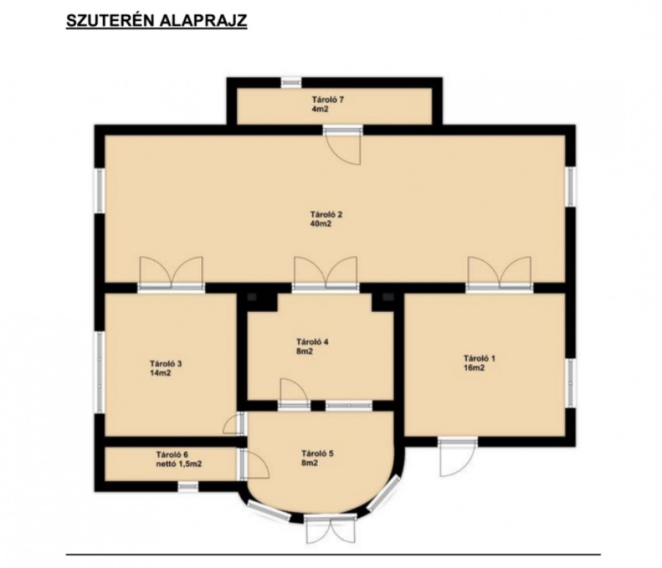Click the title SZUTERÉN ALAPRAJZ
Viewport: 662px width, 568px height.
pos(156,21)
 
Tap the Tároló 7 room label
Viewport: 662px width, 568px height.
pos(328,100)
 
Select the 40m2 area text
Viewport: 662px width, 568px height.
pos(321,224)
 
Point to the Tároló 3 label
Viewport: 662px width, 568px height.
pos(166,363)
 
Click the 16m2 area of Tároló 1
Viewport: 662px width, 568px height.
pos(474,368)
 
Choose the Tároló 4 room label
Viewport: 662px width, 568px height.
pos(312,342)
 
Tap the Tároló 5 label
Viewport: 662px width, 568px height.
pos(317,454)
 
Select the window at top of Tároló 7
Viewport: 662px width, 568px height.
pos(292,82)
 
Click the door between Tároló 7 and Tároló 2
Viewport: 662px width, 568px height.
pos(343,144)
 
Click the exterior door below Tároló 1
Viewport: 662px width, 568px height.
pos(458,457)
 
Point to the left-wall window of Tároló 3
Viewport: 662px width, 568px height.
pos(100,372)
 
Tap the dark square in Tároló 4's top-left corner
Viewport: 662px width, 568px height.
pos(252,297)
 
